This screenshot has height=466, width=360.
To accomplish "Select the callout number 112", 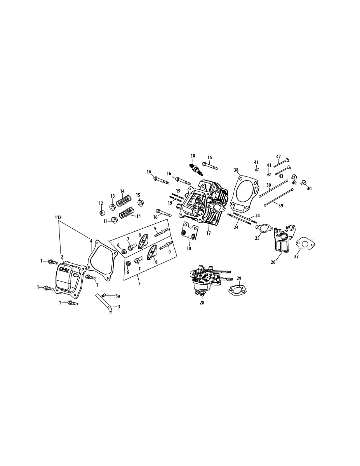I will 58,218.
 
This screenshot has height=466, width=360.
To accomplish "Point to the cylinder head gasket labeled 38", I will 244,194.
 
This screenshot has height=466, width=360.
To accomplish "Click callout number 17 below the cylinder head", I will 209,234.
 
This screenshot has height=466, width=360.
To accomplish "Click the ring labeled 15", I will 141,202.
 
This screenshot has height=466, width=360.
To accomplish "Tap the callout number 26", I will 273,262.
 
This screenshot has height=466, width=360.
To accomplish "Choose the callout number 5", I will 139,284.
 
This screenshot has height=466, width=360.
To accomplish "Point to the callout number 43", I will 281,176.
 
